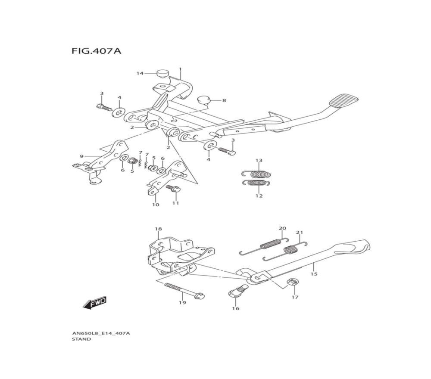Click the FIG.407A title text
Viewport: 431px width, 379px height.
point(96,51)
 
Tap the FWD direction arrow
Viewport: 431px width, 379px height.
point(95,303)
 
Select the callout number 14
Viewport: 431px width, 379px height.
point(140,73)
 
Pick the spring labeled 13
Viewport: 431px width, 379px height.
point(256,174)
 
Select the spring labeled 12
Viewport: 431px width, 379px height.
point(256,183)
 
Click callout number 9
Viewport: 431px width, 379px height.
point(81,156)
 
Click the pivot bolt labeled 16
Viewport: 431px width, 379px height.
point(236,292)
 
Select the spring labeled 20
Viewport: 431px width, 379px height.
point(270,244)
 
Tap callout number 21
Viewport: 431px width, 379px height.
point(299,233)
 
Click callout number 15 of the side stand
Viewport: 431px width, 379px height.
point(314,274)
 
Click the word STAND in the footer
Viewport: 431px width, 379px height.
point(81,339)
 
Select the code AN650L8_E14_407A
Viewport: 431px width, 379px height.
point(101,333)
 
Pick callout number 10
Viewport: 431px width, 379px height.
point(155,205)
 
